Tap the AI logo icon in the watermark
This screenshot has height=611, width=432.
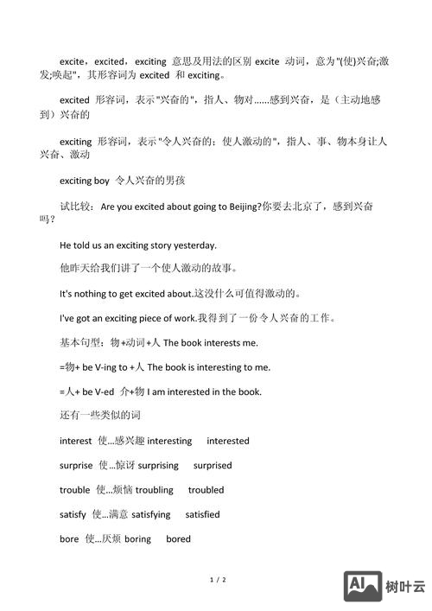coord(363,586)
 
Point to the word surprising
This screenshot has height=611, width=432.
coord(158,465)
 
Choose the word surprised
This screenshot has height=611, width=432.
coord(213,465)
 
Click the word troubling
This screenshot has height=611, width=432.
coord(154,490)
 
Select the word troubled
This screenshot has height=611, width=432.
coord(206,490)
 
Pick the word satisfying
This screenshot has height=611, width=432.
coord(151,514)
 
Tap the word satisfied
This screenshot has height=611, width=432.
coord(202,514)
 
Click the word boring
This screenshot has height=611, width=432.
coord(137,539)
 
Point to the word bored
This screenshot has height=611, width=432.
coord(179,539)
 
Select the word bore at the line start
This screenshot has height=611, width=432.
coord(69,539)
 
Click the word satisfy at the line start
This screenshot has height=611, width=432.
coord(73,514)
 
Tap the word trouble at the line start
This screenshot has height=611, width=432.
coord(74,490)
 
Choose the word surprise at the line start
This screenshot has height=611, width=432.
coord(76,465)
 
